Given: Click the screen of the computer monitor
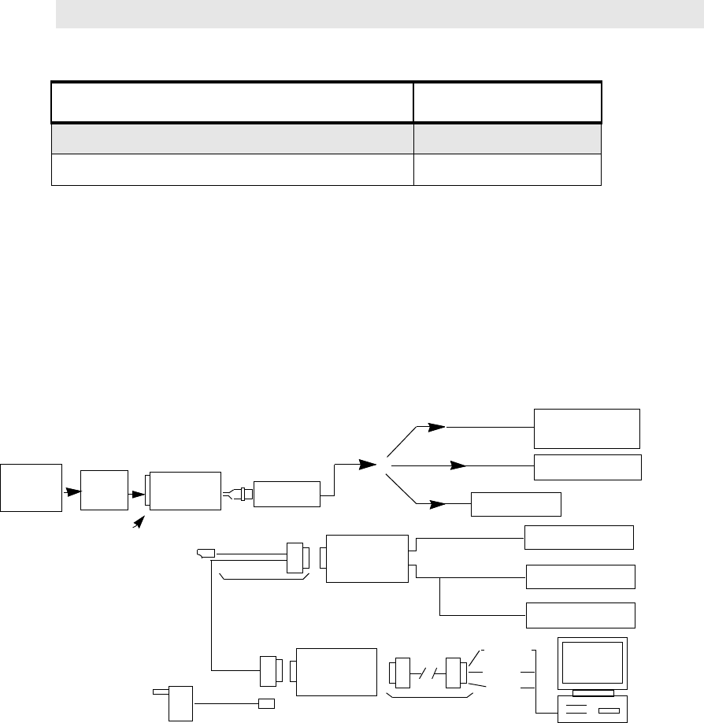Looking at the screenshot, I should tap(592, 663).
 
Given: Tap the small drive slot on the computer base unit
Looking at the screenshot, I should tap(610, 710).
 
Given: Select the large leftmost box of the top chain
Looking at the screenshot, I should tap(31, 488).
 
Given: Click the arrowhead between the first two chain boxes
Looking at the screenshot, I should tap(73, 491).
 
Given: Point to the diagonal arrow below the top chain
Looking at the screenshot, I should tap(139, 522).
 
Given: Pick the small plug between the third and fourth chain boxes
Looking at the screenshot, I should tap(235, 495).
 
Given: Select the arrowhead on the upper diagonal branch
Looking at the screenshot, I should tap(436, 427).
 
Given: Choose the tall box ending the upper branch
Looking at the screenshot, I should tap(587, 428).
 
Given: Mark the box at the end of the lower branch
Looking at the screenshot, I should tap(516, 503).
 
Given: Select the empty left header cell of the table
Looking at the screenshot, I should tap(232, 101).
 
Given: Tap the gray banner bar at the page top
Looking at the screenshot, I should tap(378, 14).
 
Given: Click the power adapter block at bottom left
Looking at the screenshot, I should tap(180, 703).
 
